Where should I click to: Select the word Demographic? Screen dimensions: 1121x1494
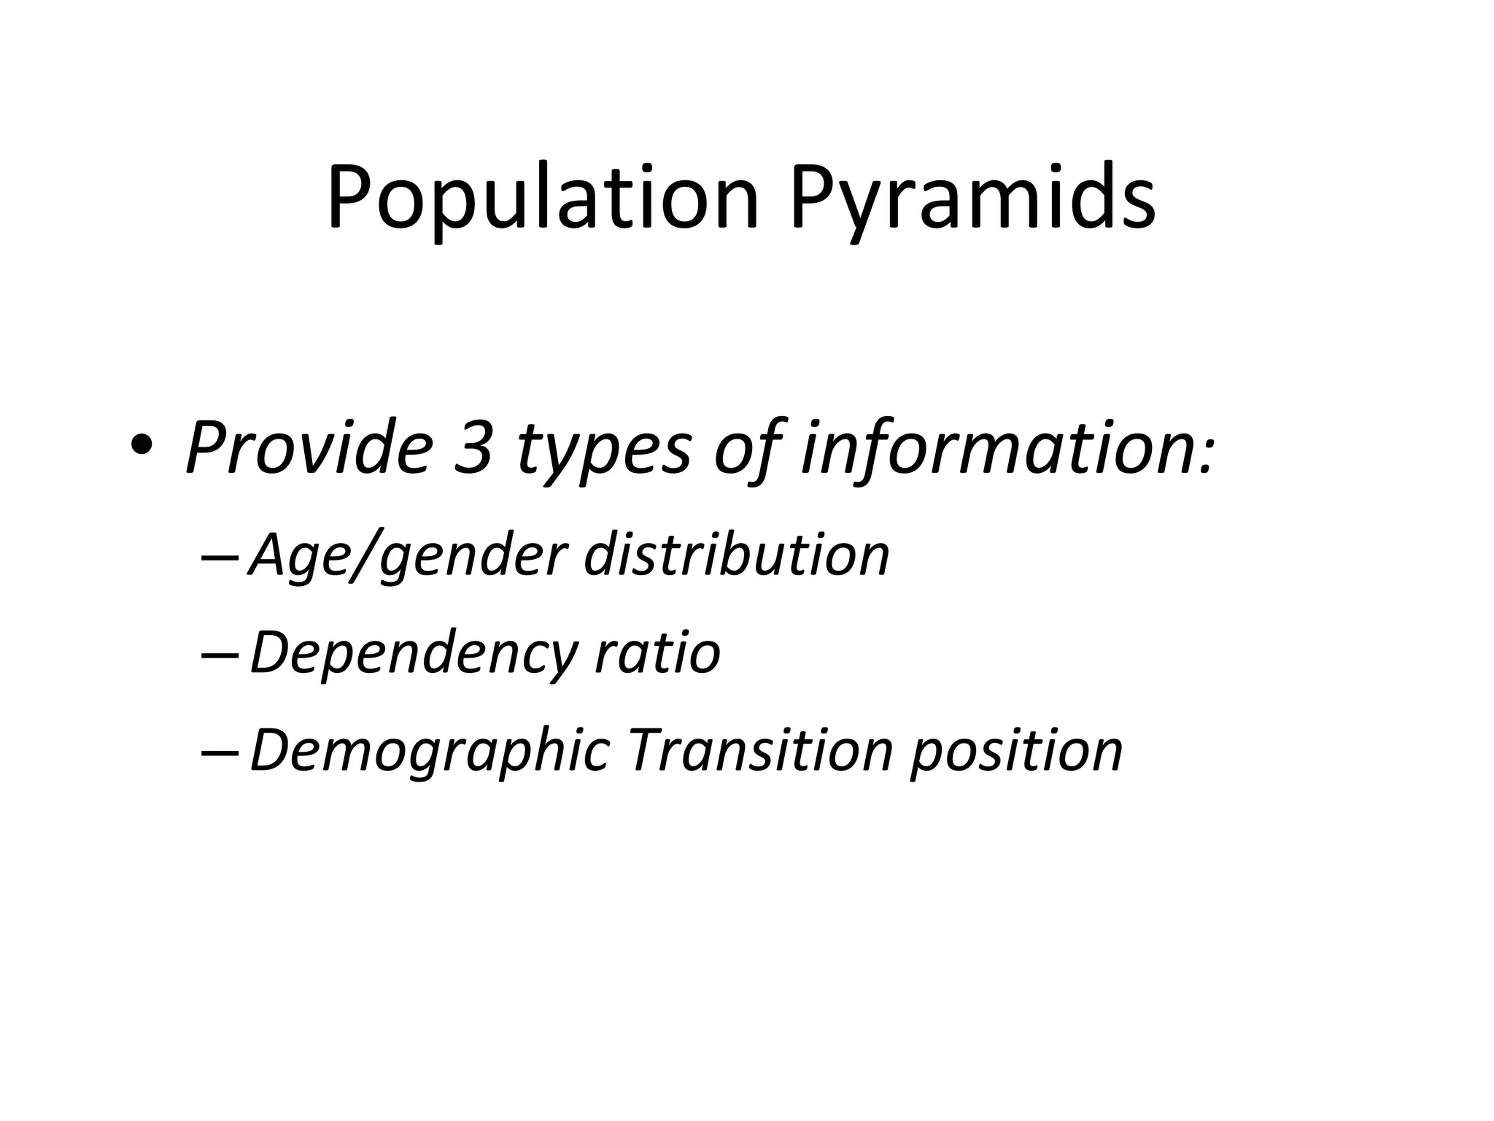click(x=430, y=752)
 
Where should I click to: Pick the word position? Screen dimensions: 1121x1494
click(x=1016, y=752)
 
